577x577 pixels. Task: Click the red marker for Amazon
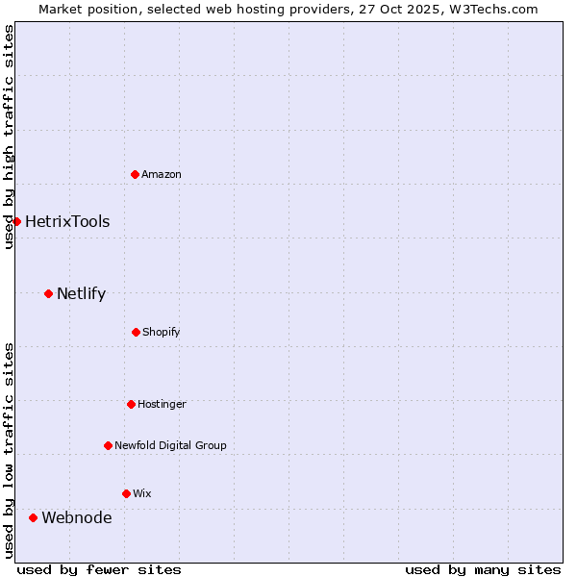[x=135, y=174]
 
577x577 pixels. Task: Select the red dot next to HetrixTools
[x=16, y=221]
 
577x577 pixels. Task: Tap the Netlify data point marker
[x=48, y=293]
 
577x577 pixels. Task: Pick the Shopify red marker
[x=136, y=332]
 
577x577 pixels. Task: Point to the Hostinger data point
[x=131, y=404]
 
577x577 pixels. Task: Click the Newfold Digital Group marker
[x=108, y=445]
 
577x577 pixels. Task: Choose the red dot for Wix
[x=126, y=493]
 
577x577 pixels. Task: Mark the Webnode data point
[x=33, y=517]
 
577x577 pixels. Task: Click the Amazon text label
[x=162, y=174]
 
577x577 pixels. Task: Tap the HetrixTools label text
[x=67, y=221]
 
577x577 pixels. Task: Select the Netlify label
[x=81, y=293]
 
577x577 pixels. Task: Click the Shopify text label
[x=162, y=332]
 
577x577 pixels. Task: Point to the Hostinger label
[x=162, y=404]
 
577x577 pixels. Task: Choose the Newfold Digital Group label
[x=170, y=445]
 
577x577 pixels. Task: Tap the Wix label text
[x=142, y=493]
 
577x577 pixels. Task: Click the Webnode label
[x=76, y=517]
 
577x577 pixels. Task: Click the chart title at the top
[x=288, y=9]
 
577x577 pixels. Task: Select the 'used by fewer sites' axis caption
[x=99, y=569]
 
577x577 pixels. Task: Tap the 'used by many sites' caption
[x=483, y=569]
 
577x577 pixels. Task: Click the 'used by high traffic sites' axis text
[x=9, y=137]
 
